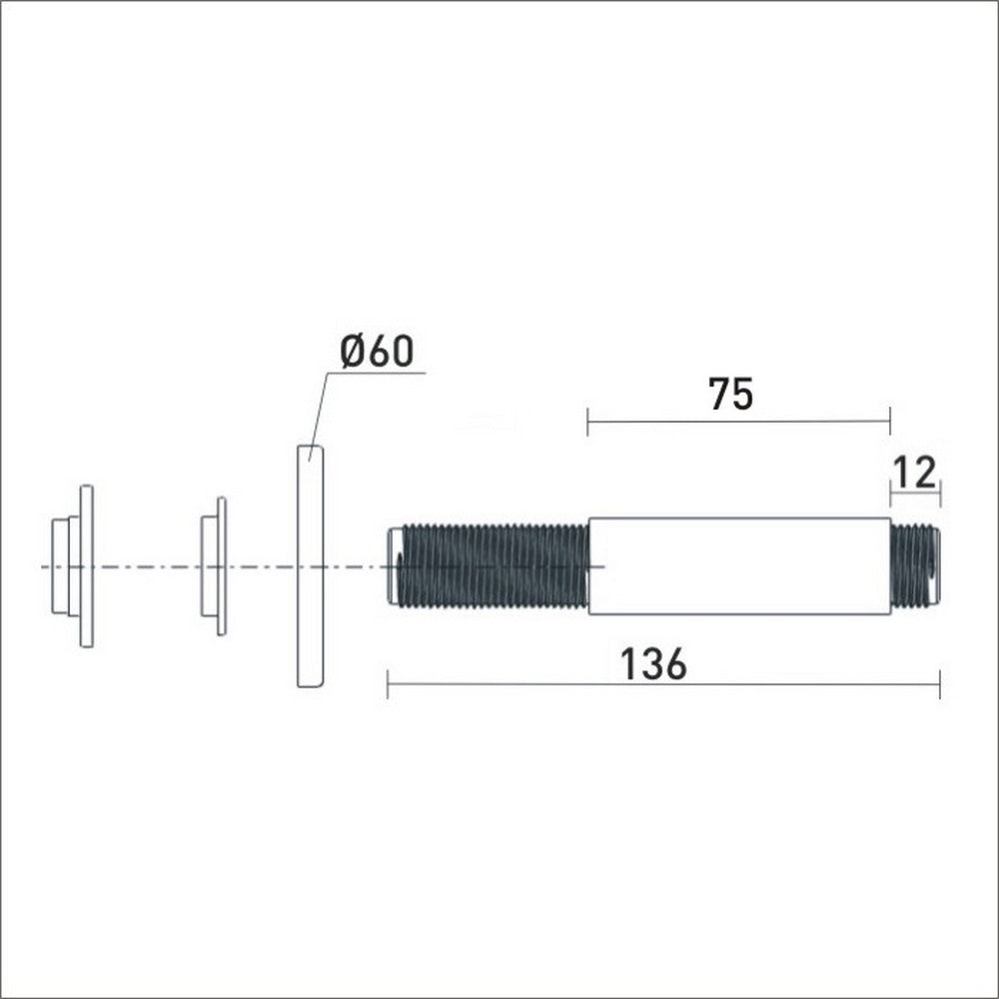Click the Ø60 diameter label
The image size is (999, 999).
pyautogui.click(x=376, y=352)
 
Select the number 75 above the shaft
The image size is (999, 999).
pyautogui.click(x=730, y=395)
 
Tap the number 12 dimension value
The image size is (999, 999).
pyautogui.click(x=915, y=472)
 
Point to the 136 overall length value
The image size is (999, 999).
pyautogui.click(x=654, y=664)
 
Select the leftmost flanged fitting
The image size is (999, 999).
pyautogui.click(x=75, y=566)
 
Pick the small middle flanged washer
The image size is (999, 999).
pyautogui.click(x=214, y=566)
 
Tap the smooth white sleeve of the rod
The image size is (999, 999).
pyautogui.click(x=739, y=565)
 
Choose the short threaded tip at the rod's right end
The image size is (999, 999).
pyautogui.click(x=914, y=565)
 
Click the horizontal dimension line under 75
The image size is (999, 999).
pyautogui.click(x=738, y=422)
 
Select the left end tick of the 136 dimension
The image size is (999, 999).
pyautogui.click(x=388, y=685)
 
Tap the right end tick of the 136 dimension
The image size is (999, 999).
pyautogui.click(x=940, y=685)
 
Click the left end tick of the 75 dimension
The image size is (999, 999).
pyautogui.click(x=588, y=422)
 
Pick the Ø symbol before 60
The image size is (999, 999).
pyautogui.click(x=351, y=352)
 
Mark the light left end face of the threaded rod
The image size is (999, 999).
pyautogui.click(x=394, y=566)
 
